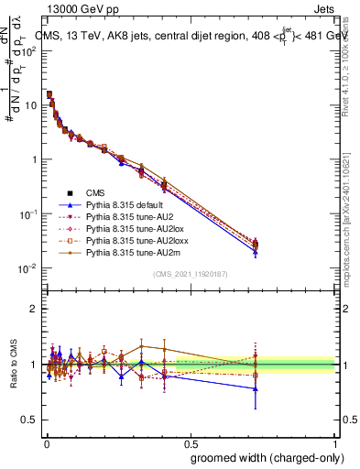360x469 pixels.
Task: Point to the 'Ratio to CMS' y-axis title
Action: [x=14, y=365]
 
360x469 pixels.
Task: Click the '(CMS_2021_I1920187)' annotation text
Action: [x=190, y=274]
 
